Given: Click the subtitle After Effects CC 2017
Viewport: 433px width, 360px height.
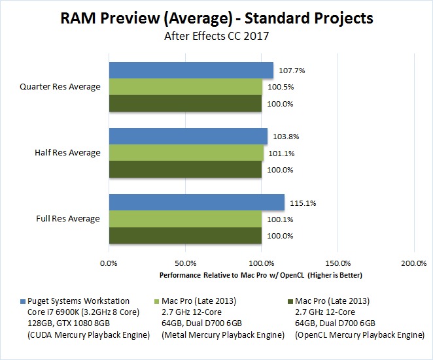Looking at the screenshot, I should (216, 37).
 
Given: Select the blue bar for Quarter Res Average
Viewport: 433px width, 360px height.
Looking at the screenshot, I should (190, 70).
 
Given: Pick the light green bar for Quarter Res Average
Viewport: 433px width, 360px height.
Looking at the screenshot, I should (185, 87).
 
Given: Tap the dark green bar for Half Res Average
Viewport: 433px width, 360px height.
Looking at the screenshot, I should (184, 169).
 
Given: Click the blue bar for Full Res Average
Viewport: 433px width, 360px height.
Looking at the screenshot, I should (196, 202).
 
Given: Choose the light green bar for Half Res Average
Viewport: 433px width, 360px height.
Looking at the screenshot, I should (186, 153).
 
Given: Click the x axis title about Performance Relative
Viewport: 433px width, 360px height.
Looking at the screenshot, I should (260, 275).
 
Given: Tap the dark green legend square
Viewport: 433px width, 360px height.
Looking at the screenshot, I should (290, 301).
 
